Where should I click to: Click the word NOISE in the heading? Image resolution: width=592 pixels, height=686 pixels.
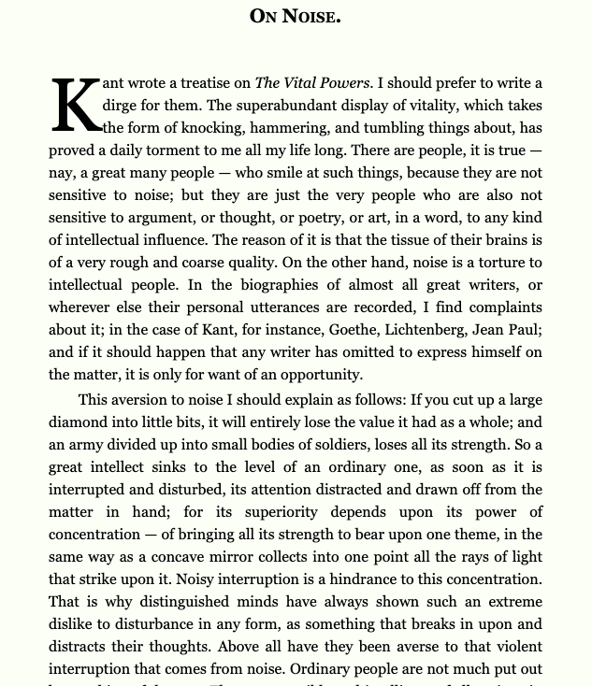pyautogui.click(x=310, y=16)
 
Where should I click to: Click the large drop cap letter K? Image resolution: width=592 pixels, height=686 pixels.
pyautogui.click(x=76, y=105)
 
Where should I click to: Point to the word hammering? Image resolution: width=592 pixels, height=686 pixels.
pyautogui.click(x=325, y=128)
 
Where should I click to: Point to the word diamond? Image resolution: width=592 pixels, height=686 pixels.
pyautogui.click(x=78, y=422)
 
